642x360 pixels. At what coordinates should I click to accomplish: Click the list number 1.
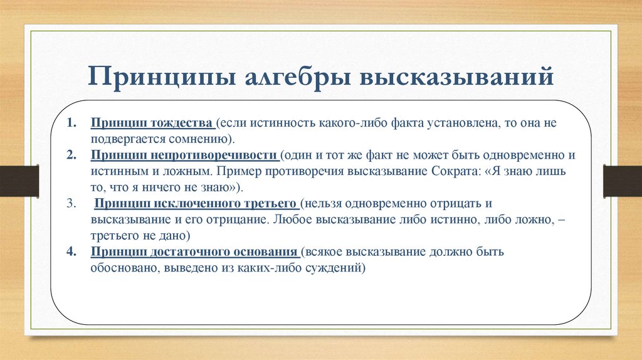[x=72, y=122]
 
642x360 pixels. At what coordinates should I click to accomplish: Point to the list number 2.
[x=72, y=154]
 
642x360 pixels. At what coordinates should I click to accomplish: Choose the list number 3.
[x=72, y=203]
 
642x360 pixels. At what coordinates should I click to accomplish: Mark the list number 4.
[x=72, y=252]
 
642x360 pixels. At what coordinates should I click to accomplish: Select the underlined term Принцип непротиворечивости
[x=184, y=154]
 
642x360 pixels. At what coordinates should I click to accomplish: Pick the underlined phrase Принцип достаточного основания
[x=193, y=252]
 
